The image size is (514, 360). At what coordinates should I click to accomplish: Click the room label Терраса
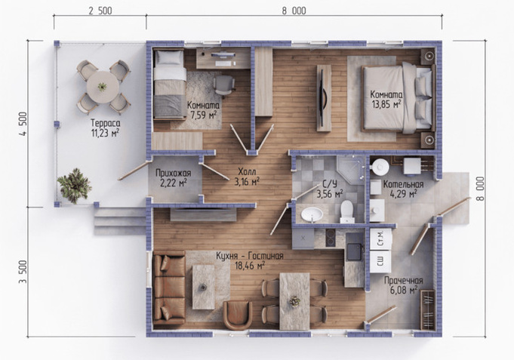coord(106,124)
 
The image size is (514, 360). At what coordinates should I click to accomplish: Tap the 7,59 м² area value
coord(203,115)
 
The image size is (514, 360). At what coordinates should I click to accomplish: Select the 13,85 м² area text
coord(386,105)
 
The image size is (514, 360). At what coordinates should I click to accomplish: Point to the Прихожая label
coord(174,173)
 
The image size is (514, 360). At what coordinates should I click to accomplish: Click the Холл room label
coord(247,171)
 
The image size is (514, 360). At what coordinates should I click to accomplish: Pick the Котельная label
coord(404,184)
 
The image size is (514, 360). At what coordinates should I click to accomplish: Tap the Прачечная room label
coord(404,281)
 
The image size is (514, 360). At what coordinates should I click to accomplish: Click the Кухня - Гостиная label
coord(250,256)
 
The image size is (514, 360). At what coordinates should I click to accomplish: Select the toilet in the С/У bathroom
coord(346,211)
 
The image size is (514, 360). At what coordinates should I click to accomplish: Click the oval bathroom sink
coord(312,215)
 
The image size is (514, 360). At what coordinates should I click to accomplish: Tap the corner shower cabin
coord(350,170)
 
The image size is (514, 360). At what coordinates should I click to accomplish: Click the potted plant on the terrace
coord(74,186)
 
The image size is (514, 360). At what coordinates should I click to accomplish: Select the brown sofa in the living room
coord(169,288)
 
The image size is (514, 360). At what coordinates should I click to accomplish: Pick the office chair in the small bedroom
coord(224,85)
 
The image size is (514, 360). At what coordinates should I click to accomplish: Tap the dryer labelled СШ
coord(381,262)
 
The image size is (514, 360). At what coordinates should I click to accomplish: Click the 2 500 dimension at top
coord(100,11)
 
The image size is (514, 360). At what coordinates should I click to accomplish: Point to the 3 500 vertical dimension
coord(23,272)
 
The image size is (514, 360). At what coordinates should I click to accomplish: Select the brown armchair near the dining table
coord(238,315)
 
